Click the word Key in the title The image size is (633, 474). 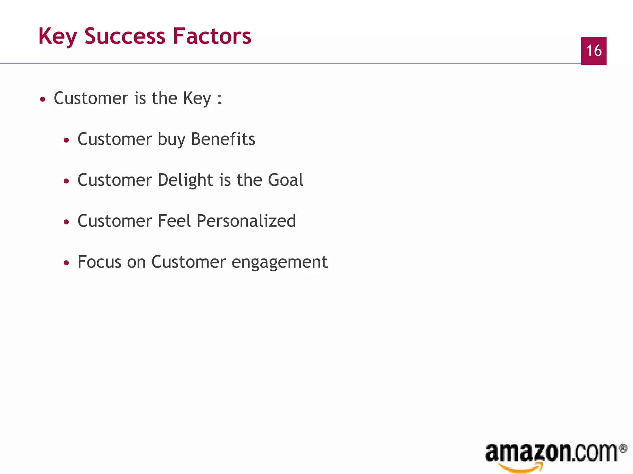click(x=57, y=36)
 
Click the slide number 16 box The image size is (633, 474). click(x=593, y=51)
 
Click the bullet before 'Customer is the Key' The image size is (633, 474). click(x=43, y=99)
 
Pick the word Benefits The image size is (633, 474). click(x=223, y=139)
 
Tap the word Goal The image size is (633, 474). click(x=286, y=180)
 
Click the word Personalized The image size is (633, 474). click(x=246, y=221)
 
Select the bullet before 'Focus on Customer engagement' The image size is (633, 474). click(x=66, y=263)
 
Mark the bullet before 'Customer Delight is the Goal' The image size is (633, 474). click(x=66, y=181)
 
